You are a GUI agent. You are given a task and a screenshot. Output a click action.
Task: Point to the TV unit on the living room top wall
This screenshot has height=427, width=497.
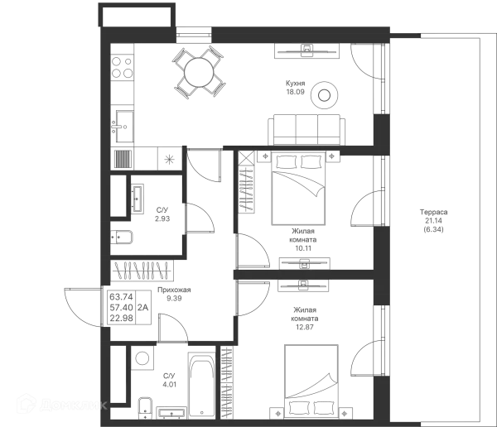(x=305, y=52)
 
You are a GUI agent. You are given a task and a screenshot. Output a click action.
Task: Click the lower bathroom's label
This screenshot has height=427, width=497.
(x=170, y=379)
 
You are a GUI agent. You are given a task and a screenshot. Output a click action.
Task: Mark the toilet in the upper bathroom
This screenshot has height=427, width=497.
(x=123, y=234)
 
